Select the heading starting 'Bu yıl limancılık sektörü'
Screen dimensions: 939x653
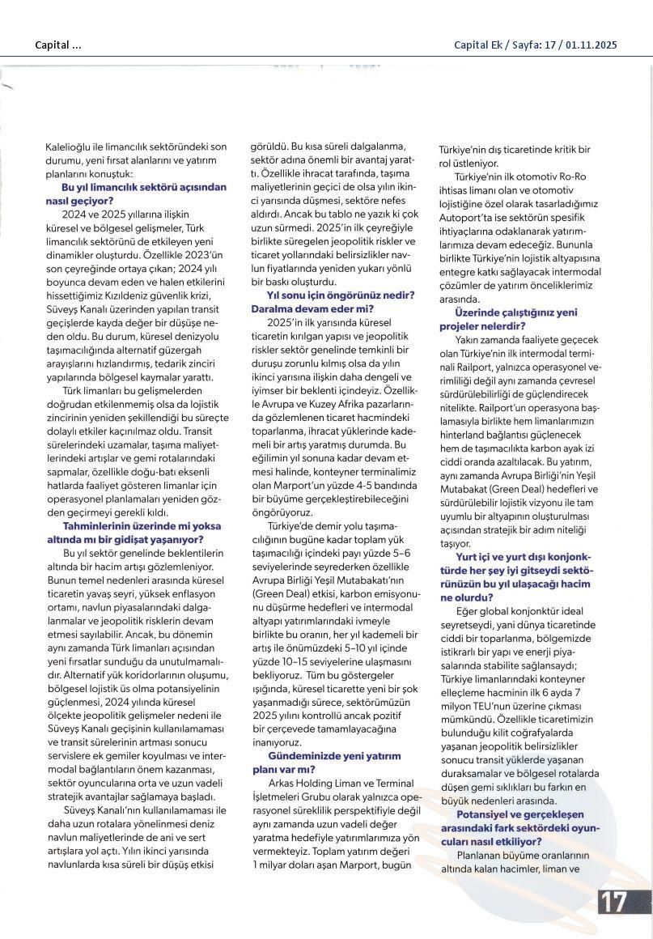(x=133, y=185)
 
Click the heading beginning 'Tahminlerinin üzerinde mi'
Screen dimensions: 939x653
(x=133, y=526)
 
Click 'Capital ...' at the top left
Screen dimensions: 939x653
(x=58, y=45)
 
